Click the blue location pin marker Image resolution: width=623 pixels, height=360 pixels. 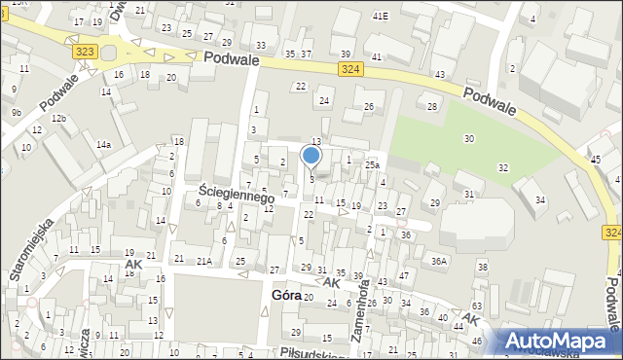[x=311, y=156]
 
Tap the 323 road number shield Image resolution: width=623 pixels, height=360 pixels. [x=83, y=49]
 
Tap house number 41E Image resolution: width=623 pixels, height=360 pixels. [x=381, y=16]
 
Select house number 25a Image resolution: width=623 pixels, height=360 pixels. [x=372, y=166]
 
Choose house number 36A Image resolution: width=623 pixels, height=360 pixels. [x=439, y=261]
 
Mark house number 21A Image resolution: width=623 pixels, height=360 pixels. [x=204, y=261]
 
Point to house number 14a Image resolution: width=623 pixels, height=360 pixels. [x=102, y=145]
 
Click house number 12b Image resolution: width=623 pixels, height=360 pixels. [x=58, y=118]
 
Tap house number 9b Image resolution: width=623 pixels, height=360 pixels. [x=16, y=113]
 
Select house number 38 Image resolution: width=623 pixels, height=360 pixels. [x=481, y=267]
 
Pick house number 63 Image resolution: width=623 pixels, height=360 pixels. [x=477, y=306]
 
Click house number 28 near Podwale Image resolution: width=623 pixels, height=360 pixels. [x=431, y=106]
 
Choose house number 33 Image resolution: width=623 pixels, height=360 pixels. [x=260, y=46]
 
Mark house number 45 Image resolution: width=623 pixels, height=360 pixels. [x=595, y=159]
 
